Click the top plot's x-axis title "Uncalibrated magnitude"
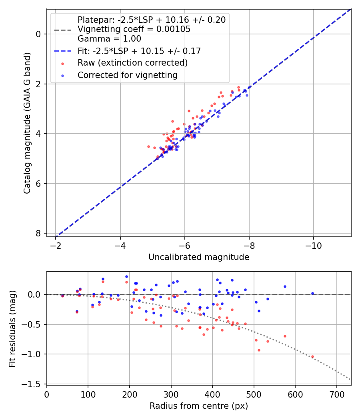[x=199, y=257]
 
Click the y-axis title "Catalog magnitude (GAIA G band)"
[x=27, y=122]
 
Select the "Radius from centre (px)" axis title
[x=199, y=406]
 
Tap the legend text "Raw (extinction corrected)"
[x=132, y=63]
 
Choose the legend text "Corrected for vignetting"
[x=127, y=75]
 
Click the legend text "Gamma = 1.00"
[x=109, y=39]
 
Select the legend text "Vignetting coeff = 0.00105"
[x=134, y=29]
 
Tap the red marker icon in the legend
[x=62, y=63]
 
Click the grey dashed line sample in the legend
[x=62, y=30]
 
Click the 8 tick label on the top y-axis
[x=38, y=233]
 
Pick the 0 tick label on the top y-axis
[x=38, y=34]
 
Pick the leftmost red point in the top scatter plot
[x=148, y=146]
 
